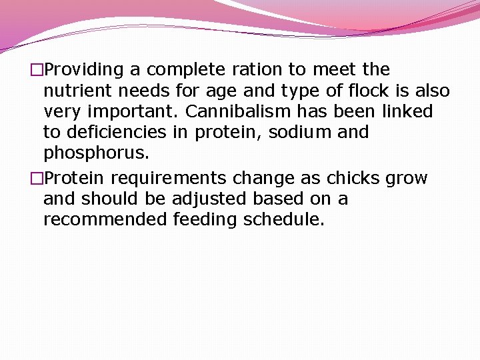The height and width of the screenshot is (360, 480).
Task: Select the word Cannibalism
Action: (x=225, y=111)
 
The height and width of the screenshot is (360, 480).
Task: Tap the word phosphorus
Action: (x=96, y=153)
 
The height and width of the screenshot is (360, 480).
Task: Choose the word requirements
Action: (x=169, y=179)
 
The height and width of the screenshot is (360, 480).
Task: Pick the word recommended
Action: (x=103, y=220)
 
